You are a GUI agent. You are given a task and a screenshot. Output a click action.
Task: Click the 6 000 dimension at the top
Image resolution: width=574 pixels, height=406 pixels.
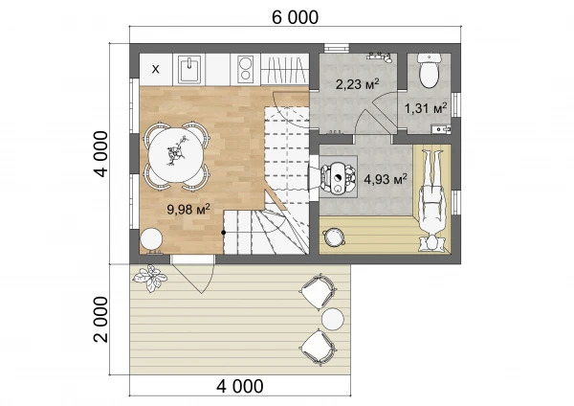(x=295, y=17)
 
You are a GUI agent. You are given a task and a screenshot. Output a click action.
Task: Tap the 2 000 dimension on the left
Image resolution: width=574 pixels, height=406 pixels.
(x=101, y=319)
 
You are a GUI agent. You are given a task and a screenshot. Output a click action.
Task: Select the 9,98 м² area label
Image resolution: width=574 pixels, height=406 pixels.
(x=188, y=210)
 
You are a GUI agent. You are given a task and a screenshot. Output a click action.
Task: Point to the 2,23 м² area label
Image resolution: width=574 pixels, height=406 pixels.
(x=357, y=84)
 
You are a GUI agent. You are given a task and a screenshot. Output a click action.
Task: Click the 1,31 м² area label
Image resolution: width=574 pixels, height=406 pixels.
(x=426, y=108)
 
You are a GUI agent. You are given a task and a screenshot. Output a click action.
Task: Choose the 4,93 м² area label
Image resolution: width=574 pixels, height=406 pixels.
(x=386, y=180)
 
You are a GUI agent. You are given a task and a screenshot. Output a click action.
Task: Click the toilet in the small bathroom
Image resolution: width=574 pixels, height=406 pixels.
(x=429, y=70)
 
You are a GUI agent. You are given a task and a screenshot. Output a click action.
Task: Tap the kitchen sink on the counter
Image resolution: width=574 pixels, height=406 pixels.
(x=189, y=69)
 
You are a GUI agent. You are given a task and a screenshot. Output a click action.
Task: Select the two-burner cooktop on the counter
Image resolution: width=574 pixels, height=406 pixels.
(x=245, y=69)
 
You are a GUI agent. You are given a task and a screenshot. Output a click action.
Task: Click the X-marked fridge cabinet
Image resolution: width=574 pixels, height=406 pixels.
(x=156, y=69)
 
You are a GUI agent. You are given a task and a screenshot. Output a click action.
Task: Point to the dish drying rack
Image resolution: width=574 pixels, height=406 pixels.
(x=285, y=69)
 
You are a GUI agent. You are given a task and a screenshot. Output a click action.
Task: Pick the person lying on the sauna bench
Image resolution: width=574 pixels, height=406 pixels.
(x=433, y=200)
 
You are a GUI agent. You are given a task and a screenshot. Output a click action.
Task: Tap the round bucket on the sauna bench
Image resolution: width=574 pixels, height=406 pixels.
(x=333, y=237)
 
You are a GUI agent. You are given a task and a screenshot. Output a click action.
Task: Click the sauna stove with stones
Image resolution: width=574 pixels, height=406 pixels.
(x=338, y=177)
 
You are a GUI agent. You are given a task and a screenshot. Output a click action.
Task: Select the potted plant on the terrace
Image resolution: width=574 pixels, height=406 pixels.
(x=150, y=278)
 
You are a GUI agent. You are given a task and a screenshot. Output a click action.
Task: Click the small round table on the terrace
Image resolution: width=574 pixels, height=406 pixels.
(x=333, y=319)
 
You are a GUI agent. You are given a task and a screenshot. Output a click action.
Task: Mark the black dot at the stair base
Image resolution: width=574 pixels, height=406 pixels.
(x=223, y=233)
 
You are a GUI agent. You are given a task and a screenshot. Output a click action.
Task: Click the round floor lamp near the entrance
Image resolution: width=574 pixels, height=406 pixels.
(x=151, y=240)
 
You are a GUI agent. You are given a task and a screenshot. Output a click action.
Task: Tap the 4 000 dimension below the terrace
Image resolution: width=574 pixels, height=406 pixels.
(x=240, y=386)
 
